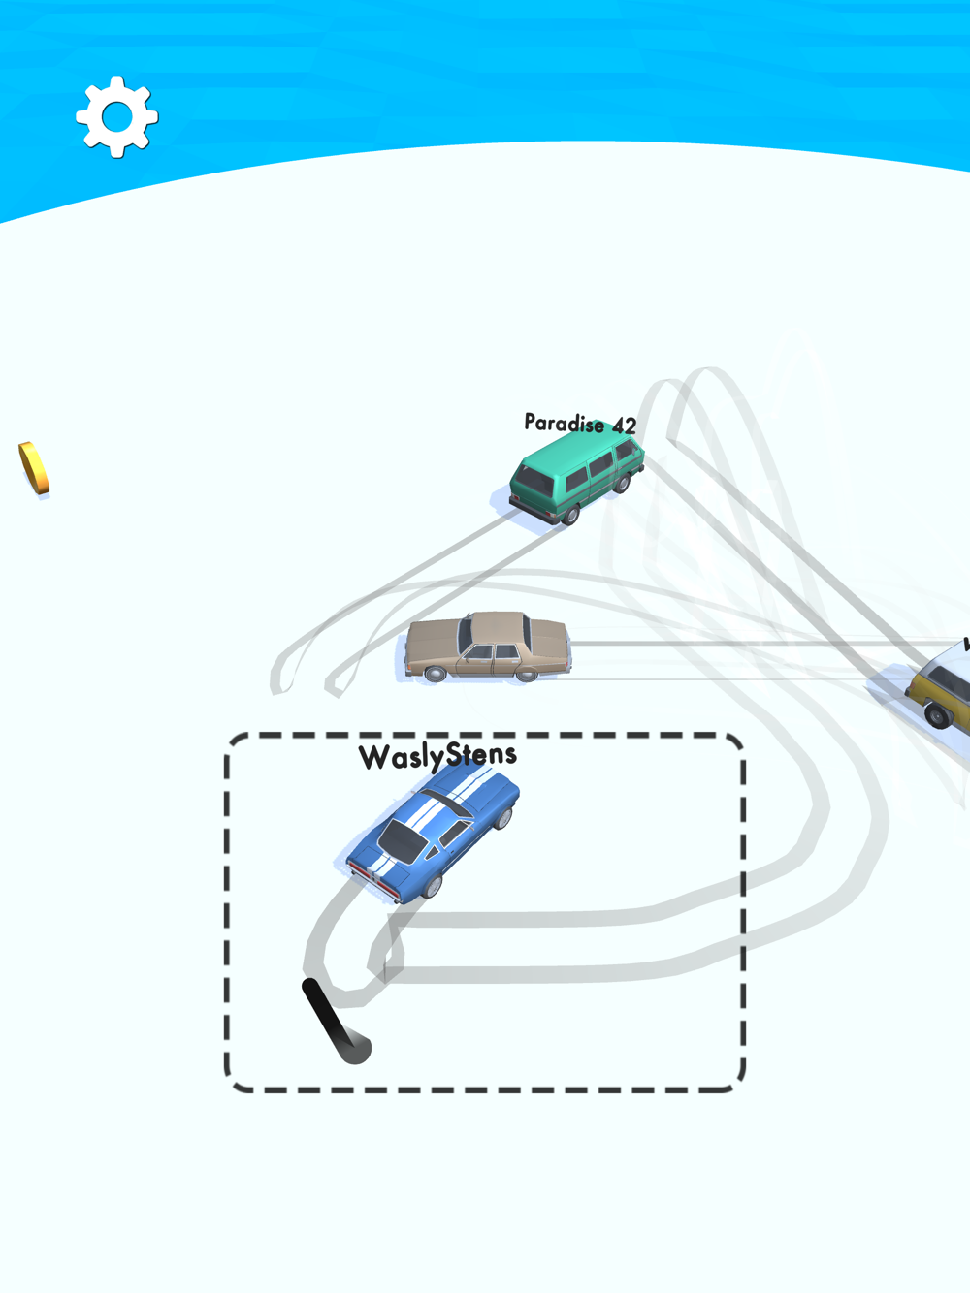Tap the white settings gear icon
[117, 116]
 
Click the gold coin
[34, 468]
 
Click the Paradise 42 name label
[579, 424]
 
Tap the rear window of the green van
[535, 481]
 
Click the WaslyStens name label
[437, 756]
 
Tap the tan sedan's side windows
[494, 652]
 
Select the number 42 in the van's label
[624, 426]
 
